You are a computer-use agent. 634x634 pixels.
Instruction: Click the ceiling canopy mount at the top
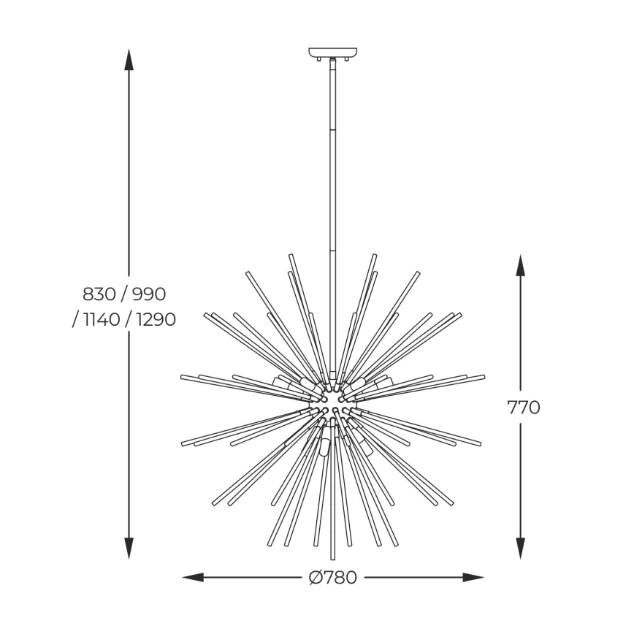pos(333,53)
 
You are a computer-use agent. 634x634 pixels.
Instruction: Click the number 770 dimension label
pos(524,408)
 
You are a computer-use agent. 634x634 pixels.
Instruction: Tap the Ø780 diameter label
pos(333,578)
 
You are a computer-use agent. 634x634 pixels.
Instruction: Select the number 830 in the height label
pos(99,294)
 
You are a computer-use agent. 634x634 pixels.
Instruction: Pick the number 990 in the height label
pos(149,294)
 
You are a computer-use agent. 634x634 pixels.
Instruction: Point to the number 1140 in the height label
pos(101,320)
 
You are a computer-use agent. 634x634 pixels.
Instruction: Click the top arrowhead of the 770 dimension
pos(520,264)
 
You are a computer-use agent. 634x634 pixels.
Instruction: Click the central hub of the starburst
pos(333,400)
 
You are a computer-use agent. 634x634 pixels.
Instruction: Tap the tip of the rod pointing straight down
pos(333,558)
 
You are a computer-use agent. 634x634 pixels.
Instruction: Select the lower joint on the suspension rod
pos(333,250)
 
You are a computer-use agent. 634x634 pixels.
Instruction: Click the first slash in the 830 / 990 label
pos(124,294)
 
